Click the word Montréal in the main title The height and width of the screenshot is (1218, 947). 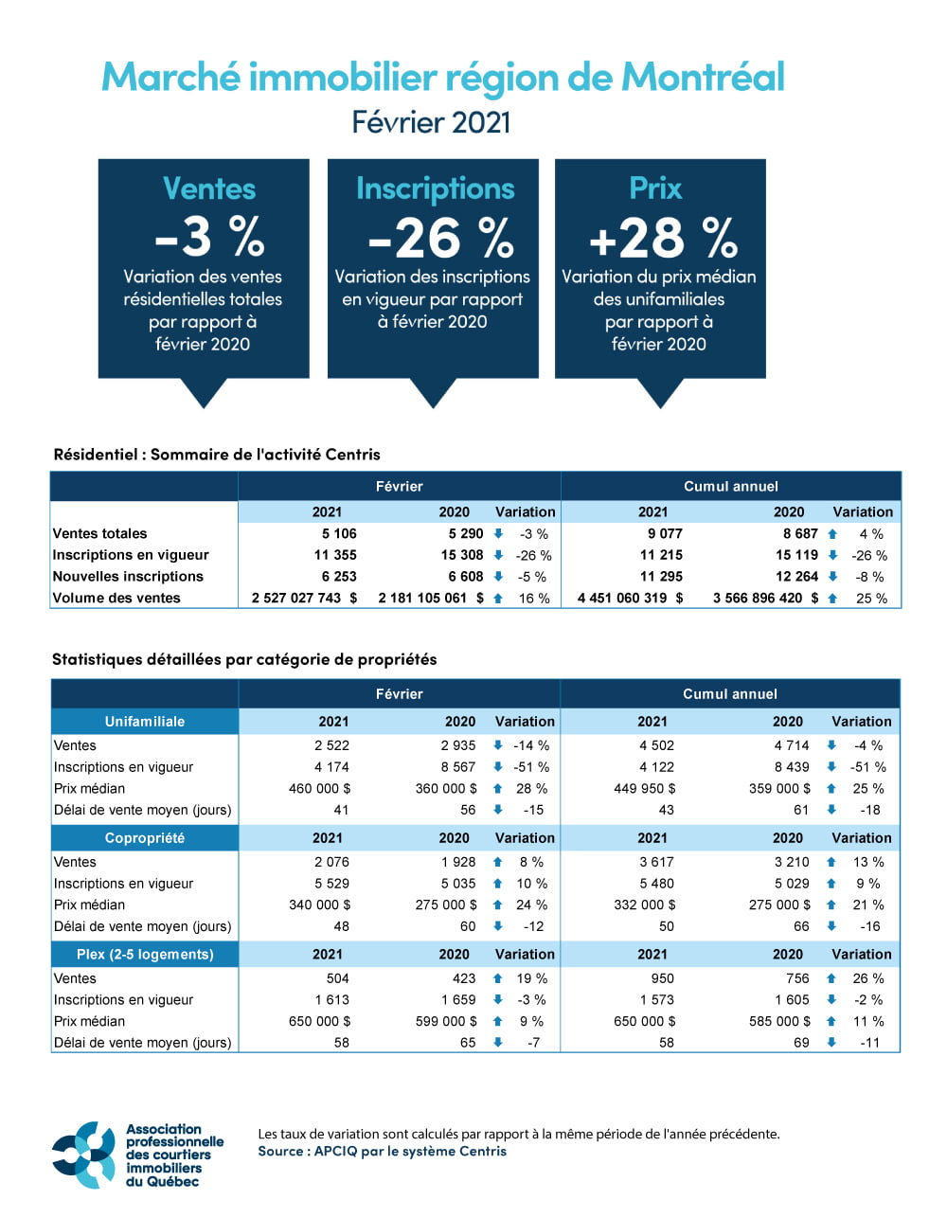point(703,77)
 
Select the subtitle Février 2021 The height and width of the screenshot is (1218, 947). point(431,122)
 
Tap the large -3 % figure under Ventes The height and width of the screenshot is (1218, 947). point(209,237)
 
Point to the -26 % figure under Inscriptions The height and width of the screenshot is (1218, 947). point(440,238)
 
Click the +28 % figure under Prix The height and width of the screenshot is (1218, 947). point(662,238)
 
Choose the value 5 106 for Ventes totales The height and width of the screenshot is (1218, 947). point(339,533)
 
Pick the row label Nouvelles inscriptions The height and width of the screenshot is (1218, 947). point(128,576)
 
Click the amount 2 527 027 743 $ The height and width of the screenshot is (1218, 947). point(304,598)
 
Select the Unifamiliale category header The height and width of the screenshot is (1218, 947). point(145,722)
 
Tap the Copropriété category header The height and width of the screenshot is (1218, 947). point(145,838)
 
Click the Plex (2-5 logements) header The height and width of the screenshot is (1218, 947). point(145,955)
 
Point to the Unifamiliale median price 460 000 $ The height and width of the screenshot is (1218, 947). point(319,788)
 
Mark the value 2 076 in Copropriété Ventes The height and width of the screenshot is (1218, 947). point(331,862)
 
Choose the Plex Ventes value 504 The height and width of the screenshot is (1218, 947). point(337,978)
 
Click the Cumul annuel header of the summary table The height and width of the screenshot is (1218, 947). point(731,487)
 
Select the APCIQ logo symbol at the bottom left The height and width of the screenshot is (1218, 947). point(84,1155)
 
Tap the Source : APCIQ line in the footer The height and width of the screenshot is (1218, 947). point(382,1152)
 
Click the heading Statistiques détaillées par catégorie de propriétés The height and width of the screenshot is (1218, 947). point(244,659)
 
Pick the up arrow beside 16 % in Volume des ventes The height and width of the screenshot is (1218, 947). point(498,599)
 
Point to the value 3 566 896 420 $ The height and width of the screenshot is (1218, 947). point(765,598)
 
